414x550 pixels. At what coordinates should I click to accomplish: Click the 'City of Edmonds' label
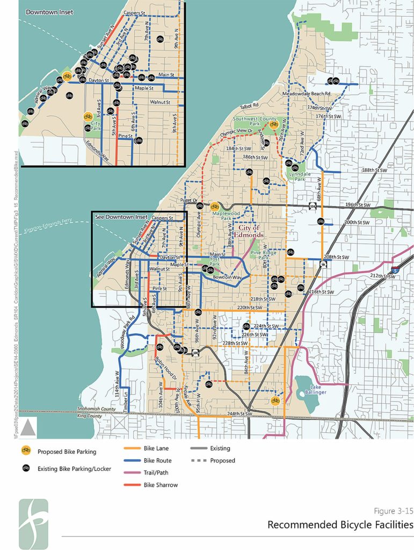coord(248,232)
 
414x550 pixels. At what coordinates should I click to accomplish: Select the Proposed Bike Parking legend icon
coord(25,452)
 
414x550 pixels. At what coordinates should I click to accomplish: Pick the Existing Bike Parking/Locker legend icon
coord(25,469)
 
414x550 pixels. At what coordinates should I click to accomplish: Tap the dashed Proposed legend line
coord(199,461)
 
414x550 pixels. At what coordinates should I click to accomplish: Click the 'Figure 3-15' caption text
coord(393,511)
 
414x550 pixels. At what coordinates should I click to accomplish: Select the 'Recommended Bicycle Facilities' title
coord(340,524)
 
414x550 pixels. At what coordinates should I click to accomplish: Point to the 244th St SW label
coord(239,414)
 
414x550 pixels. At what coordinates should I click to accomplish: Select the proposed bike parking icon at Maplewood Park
coord(215,206)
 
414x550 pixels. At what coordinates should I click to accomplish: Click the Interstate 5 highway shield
coord(395,268)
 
